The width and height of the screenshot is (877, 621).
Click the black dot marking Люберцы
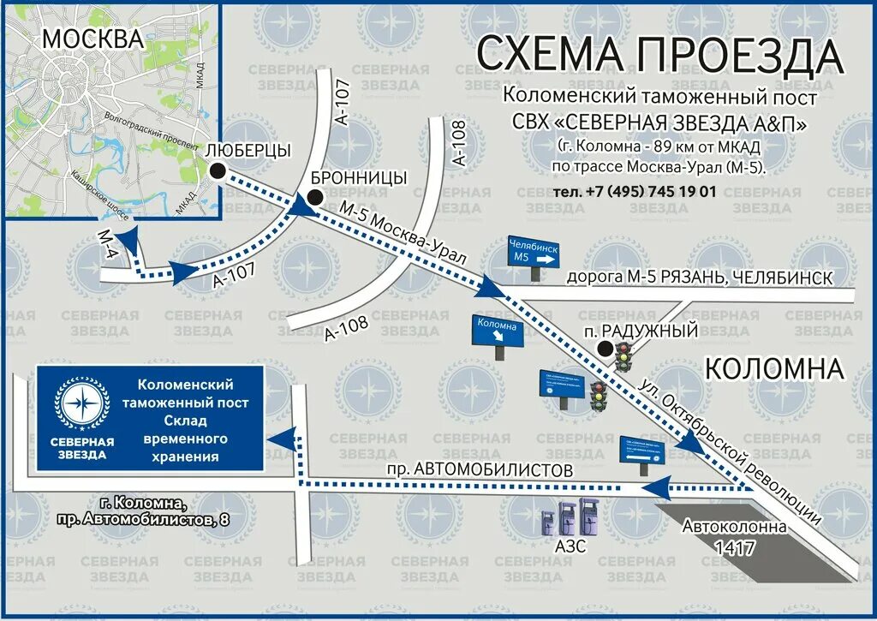click(218, 171)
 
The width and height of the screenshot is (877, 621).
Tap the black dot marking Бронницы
click(316, 198)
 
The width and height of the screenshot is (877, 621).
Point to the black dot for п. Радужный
click(606, 348)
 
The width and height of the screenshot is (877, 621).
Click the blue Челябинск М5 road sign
click(534, 250)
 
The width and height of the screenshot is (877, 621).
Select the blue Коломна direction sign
click(497, 331)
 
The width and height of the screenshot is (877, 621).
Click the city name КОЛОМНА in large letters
click(774, 369)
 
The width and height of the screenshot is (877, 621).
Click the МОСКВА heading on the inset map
click(92, 39)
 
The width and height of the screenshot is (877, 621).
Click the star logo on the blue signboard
click(82, 403)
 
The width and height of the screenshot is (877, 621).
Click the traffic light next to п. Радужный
click(623, 355)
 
